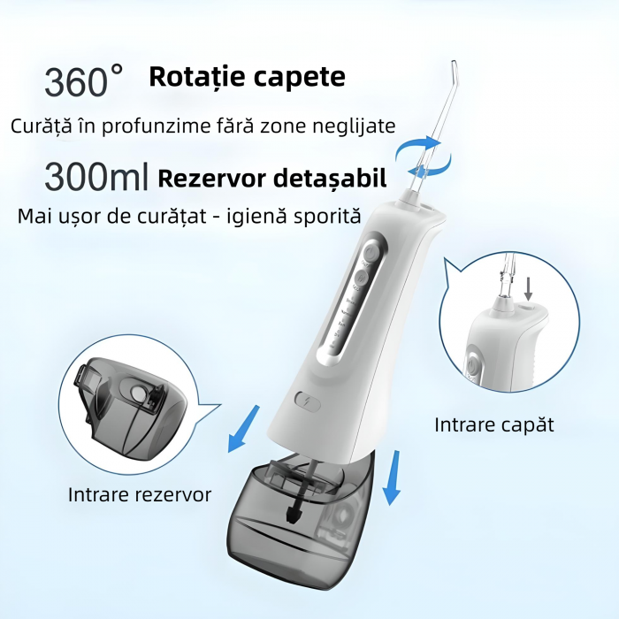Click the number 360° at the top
pos(84,81)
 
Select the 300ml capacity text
pos(96,177)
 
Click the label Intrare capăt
pos(493,424)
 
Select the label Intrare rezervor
pos(140,494)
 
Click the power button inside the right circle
pos(473,364)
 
